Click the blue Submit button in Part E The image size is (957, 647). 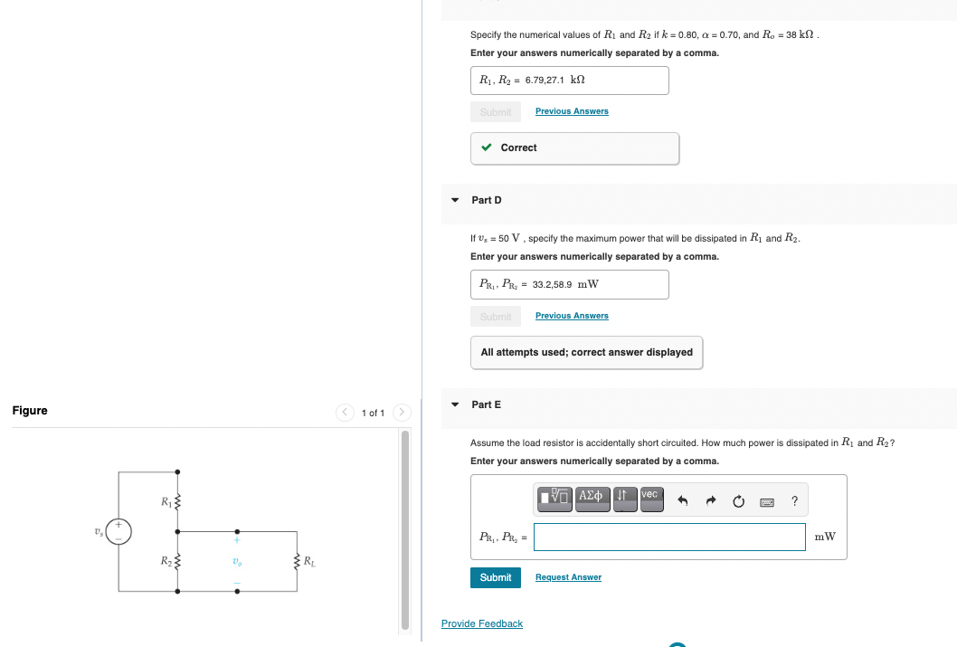(x=495, y=577)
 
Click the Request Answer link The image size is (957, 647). (x=568, y=577)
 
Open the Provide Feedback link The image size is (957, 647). (x=481, y=623)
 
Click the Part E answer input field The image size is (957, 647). (x=668, y=537)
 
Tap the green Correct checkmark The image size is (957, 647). (x=487, y=147)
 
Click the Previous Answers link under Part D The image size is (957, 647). (x=572, y=316)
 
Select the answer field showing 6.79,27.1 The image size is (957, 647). (x=569, y=81)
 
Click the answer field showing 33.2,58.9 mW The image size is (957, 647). (x=569, y=284)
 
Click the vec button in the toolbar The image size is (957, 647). (x=650, y=498)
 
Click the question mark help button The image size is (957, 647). (x=794, y=501)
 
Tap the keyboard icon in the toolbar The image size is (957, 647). (x=768, y=501)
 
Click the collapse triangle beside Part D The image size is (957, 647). (x=455, y=200)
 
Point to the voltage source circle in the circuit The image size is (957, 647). (x=119, y=530)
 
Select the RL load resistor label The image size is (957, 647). (x=309, y=562)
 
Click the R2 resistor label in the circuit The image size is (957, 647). (x=165, y=562)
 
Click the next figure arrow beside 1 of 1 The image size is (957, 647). (x=401, y=413)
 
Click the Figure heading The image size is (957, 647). (x=30, y=411)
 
